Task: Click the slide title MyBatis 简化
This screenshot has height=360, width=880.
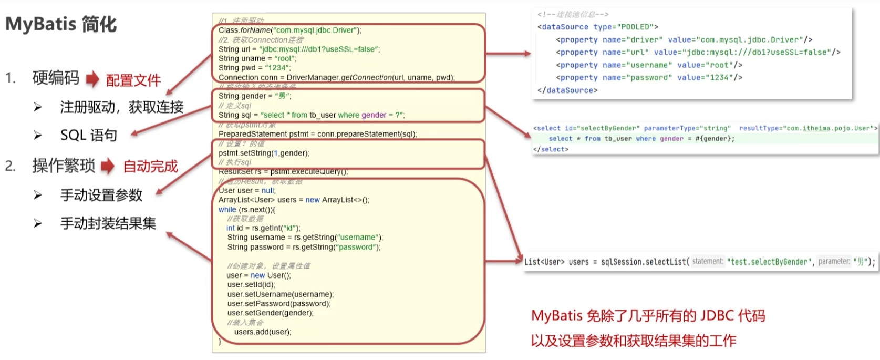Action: (x=61, y=24)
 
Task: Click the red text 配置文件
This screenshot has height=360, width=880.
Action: (x=133, y=80)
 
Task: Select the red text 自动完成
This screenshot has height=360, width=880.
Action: (x=150, y=167)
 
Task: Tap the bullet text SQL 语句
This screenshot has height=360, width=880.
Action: (x=88, y=136)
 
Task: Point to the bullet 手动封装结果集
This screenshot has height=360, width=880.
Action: (x=108, y=223)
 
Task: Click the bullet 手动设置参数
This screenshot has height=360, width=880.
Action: (x=101, y=196)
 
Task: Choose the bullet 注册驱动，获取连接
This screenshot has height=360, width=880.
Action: (x=121, y=107)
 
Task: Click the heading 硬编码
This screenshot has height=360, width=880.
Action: (x=56, y=78)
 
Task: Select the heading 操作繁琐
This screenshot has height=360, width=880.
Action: (x=64, y=166)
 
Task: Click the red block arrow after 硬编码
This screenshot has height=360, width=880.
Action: (x=92, y=79)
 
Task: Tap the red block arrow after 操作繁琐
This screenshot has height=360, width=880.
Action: (x=108, y=166)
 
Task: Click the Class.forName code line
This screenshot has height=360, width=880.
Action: (x=290, y=30)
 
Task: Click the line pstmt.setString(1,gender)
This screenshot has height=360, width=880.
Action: (x=264, y=153)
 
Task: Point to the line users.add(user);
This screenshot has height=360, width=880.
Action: (x=262, y=332)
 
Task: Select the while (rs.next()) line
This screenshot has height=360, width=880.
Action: (x=246, y=209)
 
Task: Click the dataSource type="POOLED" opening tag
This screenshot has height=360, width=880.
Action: (x=597, y=27)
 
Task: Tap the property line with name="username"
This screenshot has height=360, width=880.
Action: (x=649, y=65)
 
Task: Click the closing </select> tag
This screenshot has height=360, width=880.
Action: (x=551, y=149)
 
